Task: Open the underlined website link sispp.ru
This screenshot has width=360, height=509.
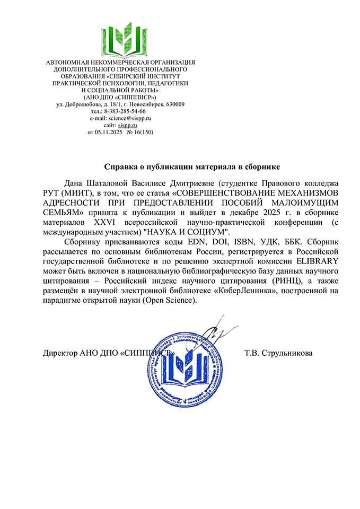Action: coord(127,125)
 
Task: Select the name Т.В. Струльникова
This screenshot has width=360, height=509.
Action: coord(278,353)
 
